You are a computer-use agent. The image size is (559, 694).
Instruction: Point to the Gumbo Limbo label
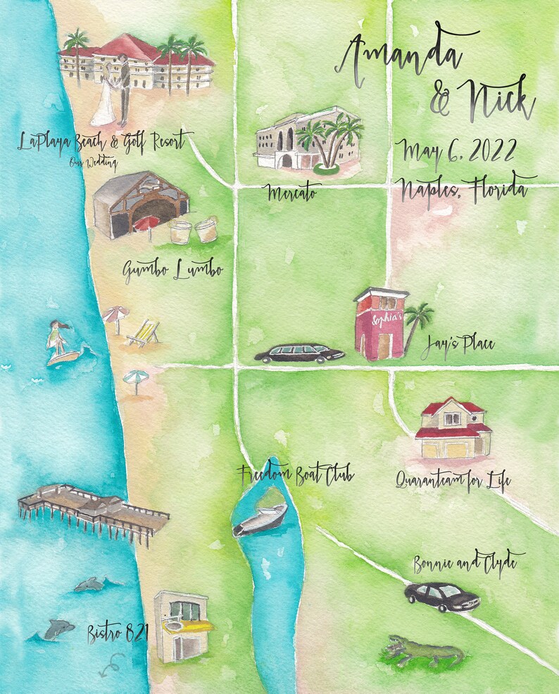click(x=172, y=270)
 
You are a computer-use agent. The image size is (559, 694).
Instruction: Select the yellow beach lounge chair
click(x=144, y=333)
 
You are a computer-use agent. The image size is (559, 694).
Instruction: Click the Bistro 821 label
click(x=118, y=633)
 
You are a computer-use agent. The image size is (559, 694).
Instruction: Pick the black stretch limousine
click(x=299, y=353)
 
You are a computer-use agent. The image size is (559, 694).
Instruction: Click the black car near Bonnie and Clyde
click(x=442, y=596)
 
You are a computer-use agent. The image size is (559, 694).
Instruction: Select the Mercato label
click(x=291, y=191)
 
